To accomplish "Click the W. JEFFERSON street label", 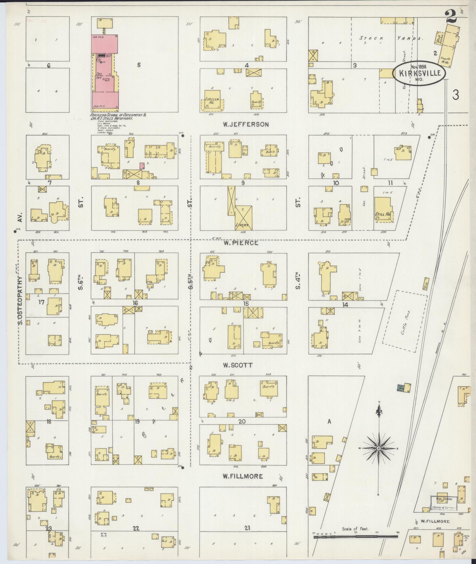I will click(x=246, y=124).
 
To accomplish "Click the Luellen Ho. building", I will click(x=212, y=102).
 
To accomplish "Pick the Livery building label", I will click(x=243, y=226).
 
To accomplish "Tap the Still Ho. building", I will click(x=382, y=214).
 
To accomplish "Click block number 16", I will click(x=135, y=303).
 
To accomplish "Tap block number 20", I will click(x=242, y=421).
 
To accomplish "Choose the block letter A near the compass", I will click(x=329, y=422).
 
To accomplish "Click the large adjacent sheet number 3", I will click(x=456, y=95).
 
